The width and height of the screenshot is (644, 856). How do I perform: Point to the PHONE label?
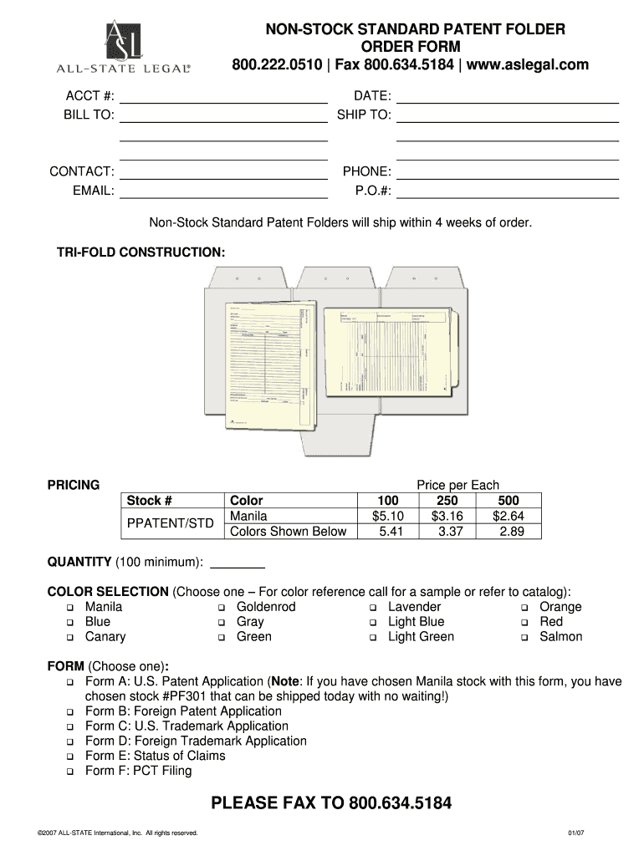coord(366,172)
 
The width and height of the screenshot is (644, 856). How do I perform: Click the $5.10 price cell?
coord(387,516)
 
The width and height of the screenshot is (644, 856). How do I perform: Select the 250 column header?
coord(447,501)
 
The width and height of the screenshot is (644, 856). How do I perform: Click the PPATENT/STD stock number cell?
coord(170,524)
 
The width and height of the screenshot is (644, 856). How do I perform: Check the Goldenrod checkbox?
coord(222,608)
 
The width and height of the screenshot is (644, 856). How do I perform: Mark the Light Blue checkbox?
coord(374,623)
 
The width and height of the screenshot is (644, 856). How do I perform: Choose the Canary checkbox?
coord(71,638)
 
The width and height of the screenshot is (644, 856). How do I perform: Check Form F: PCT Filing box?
coord(71,772)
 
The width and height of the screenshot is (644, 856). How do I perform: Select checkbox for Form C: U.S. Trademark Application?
coord(71,727)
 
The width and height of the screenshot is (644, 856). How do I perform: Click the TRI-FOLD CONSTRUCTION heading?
coord(141,252)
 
